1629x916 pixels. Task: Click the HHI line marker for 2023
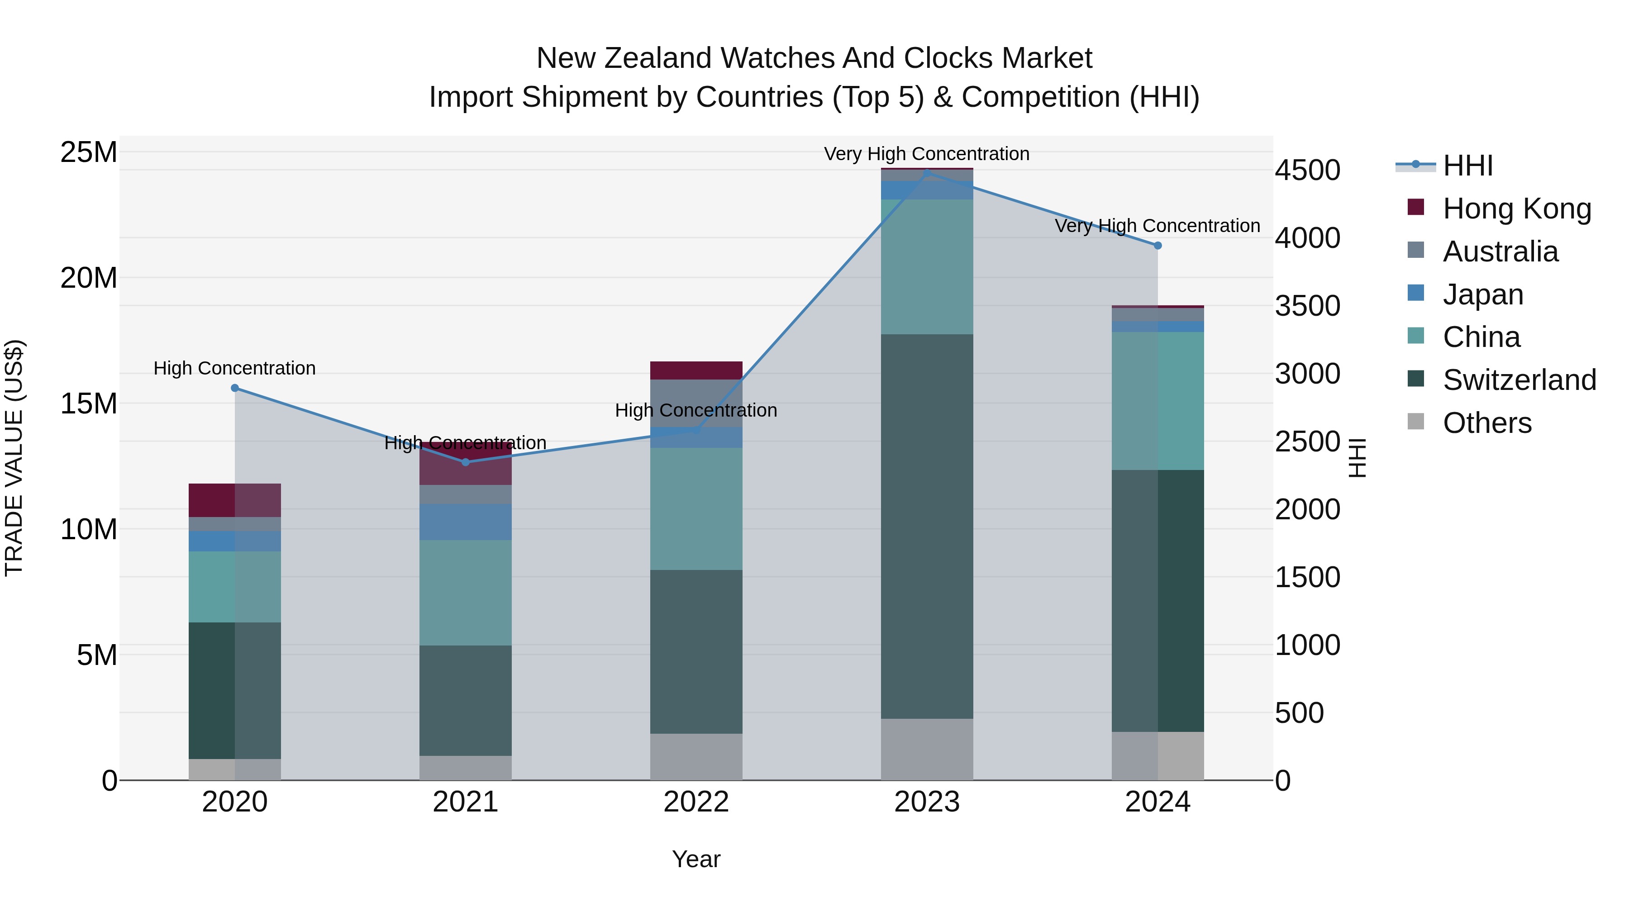pyautogui.click(x=927, y=173)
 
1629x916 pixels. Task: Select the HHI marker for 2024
pyautogui.click(x=1158, y=245)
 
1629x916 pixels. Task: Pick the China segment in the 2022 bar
pyautogui.click(x=696, y=508)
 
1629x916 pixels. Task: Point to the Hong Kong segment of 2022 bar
pyautogui.click(x=696, y=370)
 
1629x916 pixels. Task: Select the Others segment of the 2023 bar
pyautogui.click(x=927, y=749)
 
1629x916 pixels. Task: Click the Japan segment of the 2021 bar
pyautogui.click(x=466, y=522)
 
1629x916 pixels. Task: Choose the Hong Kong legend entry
pyautogui.click(x=1516, y=209)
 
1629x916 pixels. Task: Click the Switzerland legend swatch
pyautogui.click(x=1416, y=380)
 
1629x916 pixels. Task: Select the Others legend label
pyautogui.click(x=1487, y=423)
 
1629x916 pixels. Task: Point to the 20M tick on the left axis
pyautogui.click(x=89, y=278)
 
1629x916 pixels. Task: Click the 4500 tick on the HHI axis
pyautogui.click(x=1307, y=170)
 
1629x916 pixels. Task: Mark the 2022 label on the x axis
pyautogui.click(x=696, y=802)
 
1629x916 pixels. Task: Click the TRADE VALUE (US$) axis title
pyautogui.click(x=14, y=458)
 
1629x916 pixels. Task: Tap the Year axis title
pyautogui.click(x=696, y=859)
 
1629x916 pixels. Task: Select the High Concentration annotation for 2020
pyautogui.click(x=234, y=368)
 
